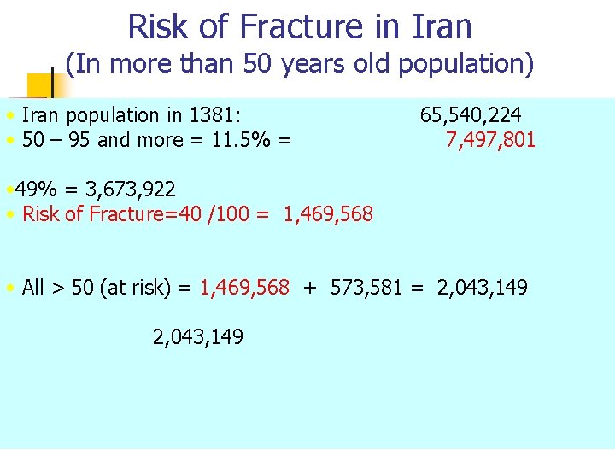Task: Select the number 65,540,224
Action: coord(471,115)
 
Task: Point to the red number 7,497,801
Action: coord(490,140)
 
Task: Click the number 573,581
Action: coord(356,288)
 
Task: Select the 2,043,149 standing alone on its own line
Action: coord(197,338)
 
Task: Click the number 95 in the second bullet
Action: coord(78,140)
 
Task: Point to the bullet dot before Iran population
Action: coord(9,116)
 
